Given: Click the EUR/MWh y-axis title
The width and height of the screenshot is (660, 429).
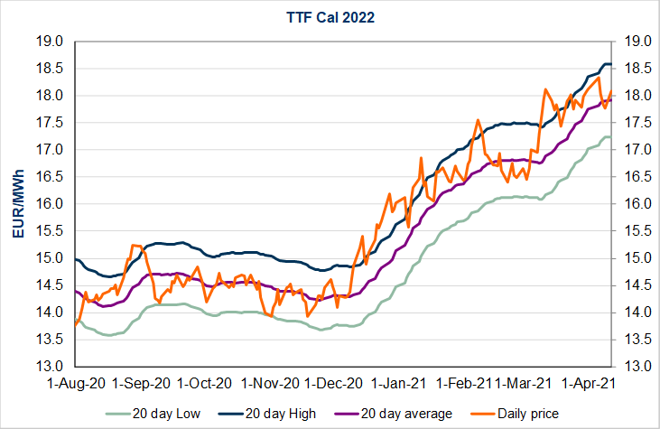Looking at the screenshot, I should point(19,203).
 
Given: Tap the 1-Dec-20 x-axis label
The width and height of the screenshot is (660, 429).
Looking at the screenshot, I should point(337,383).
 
